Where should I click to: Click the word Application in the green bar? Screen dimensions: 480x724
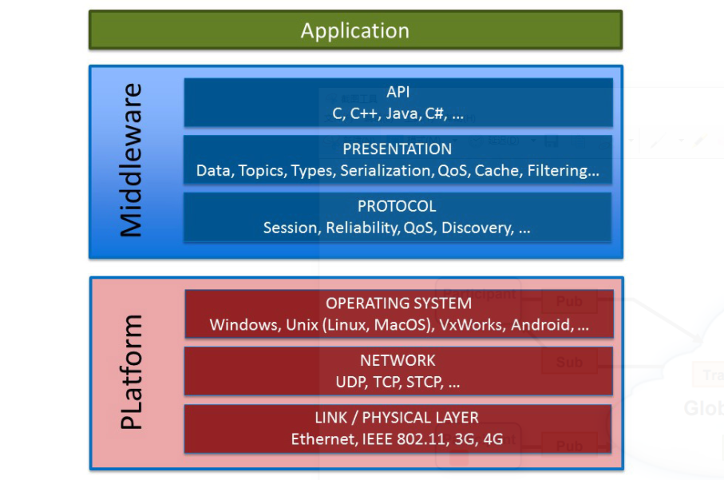click(x=354, y=31)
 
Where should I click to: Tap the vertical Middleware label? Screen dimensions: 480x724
click(x=130, y=160)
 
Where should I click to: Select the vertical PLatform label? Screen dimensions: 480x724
click(x=130, y=371)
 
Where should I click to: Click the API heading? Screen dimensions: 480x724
click(x=398, y=93)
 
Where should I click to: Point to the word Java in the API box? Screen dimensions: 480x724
click(x=402, y=114)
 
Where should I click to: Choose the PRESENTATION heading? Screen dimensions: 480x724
click(x=397, y=149)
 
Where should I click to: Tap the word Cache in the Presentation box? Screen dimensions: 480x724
click(x=497, y=171)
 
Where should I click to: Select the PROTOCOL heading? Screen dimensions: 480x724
click(x=397, y=207)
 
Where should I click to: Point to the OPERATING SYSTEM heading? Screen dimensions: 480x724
click(x=398, y=303)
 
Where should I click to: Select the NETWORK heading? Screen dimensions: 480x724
click(x=398, y=361)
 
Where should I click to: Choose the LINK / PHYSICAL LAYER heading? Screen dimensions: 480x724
click(x=397, y=418)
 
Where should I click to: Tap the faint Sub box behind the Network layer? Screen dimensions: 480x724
click(x=569, y=362)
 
